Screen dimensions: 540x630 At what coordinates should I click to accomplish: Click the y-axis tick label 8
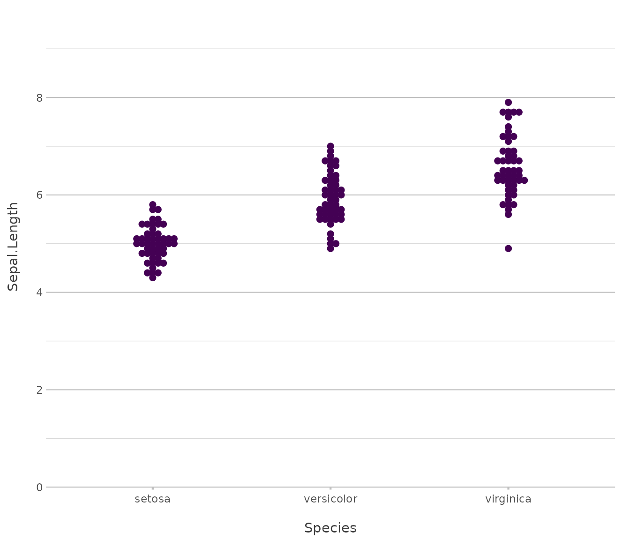39,98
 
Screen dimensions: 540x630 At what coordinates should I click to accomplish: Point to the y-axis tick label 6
39,195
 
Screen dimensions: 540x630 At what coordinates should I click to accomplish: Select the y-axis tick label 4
39,292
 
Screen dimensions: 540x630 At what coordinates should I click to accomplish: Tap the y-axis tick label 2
39,390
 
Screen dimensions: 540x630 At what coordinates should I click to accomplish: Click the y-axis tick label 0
39,487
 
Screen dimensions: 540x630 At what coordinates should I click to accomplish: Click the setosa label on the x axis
152,499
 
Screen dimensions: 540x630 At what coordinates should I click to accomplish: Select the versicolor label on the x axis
330,499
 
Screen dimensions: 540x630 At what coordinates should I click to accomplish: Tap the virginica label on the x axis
508,499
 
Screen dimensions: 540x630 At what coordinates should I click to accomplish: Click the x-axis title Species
330,528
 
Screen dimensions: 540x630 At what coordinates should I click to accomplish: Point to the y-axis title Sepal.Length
14,246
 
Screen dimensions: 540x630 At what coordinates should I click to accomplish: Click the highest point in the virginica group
508,102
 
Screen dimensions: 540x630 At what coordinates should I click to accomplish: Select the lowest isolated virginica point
508,248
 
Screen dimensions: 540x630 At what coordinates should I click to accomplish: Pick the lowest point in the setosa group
152,277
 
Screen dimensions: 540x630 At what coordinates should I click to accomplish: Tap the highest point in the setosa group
152,205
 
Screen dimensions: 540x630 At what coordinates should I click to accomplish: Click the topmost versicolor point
330,146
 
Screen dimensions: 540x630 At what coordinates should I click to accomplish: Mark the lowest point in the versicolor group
330,248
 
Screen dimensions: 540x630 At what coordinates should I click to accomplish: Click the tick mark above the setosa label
152,489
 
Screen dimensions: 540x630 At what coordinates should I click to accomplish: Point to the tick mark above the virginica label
508,489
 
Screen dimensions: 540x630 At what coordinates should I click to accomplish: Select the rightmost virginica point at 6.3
524,180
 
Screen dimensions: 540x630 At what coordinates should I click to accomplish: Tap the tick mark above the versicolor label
330,489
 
